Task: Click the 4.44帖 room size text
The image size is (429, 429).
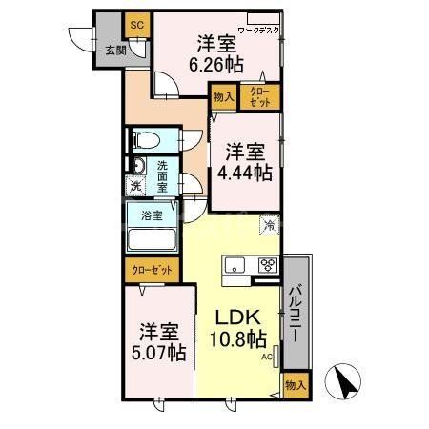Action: pyautogui.click(x=248, y=172)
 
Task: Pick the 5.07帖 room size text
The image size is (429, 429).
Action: pyautogui.click(x=157, y=354)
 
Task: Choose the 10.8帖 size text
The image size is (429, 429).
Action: pyautogui.click(x=237, y=338)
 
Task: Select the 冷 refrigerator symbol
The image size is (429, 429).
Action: pyautogui.click(x=270, y=226)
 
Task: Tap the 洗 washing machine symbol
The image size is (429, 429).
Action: pyautogui.click(x=134, y=186)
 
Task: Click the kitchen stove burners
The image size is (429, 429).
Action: pyautogui.click(x=267, y=265)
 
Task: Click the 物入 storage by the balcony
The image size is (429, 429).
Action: pyautogui.click(x=296, y=385)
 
